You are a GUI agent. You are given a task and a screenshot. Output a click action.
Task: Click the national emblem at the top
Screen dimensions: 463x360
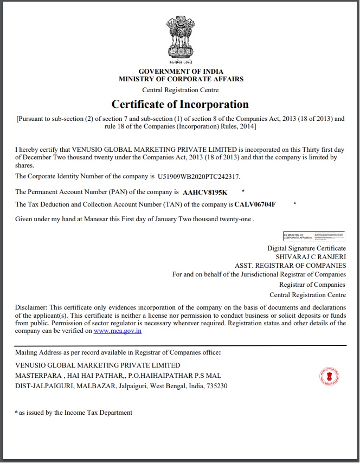pyautogui.click(x=180, y=40)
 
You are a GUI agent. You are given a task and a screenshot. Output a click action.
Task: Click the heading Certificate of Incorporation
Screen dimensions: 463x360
pyautogui.click(x=180, y=104)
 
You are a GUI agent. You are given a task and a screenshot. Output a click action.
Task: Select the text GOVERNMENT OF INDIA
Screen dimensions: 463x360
pyautogui.click(x=181, y=72)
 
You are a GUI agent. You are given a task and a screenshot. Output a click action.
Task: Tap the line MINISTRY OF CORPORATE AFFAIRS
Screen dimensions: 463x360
pyautogui.click(x=181, y=79)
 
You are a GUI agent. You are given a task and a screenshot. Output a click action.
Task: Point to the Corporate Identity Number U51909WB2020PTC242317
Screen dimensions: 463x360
pyautogui.click(x=198, y=177)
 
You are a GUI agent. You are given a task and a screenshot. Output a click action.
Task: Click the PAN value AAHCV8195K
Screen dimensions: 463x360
pyautogui.click(x=205, y=192)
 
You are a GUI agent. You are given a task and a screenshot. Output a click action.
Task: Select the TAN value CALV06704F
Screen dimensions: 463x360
pyautogui.click(x=255, y=204)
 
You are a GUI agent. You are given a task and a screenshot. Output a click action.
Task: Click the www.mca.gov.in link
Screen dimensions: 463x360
pyautogui.click(x=118, y=330)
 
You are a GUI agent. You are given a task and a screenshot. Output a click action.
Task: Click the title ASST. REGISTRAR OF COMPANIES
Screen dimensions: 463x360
pyautogui.click(x=290, y=266)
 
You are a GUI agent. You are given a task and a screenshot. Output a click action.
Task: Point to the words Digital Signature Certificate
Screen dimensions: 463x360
pyautogui.click(x=306, y=248)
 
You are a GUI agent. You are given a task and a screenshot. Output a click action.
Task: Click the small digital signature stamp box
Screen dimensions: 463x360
pyautogui.click(x=314, y=235)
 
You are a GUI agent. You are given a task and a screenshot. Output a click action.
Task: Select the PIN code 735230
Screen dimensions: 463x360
pyautogui.click(x=217, y=386)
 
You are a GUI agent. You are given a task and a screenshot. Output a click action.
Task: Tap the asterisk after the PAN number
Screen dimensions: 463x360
pyautogui.click(x=243, y=191)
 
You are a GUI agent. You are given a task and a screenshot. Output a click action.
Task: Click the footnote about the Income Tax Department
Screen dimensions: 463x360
pyautogui.click(x=74, y=413)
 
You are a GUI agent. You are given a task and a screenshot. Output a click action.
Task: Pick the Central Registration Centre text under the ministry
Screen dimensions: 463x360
pyautogui.click(x=181, y=89)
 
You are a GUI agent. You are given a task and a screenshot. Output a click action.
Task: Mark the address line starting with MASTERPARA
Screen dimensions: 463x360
pyautogui.click(x=118, y=376)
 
